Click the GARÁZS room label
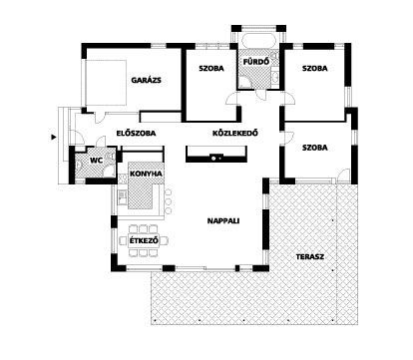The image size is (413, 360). (x=146, y=80)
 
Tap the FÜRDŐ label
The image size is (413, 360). (x=256, y=62)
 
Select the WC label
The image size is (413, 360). (x=97, y=161)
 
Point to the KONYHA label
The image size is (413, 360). (x=146, y=174)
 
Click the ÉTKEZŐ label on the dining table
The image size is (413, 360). (x=144, y=240)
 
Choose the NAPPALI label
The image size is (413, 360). (x=223, y=221)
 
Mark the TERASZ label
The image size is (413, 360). (x=310, y=257)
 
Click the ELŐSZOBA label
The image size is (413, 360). (x=136, y=134)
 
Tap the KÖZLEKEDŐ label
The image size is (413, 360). (x=235, y=134)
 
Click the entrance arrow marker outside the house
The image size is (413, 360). (x=53, y=137)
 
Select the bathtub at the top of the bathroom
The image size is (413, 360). (x=258, y=41)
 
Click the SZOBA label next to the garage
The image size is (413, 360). (x=211, y=69)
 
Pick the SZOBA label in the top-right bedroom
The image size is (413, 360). (x=315, y=69)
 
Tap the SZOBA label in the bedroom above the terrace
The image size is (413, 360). (x=315, y=148)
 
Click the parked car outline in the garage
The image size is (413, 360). (x=106, y=83)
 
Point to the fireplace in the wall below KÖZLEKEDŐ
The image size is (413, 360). (x=216, y=158)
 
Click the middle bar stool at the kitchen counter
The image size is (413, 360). (x=169, y=201)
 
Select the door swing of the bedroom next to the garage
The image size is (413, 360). (x=231, y=100)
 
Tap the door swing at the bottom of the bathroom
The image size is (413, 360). (x=261, y=95)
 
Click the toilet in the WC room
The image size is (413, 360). (x=79, y=165)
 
